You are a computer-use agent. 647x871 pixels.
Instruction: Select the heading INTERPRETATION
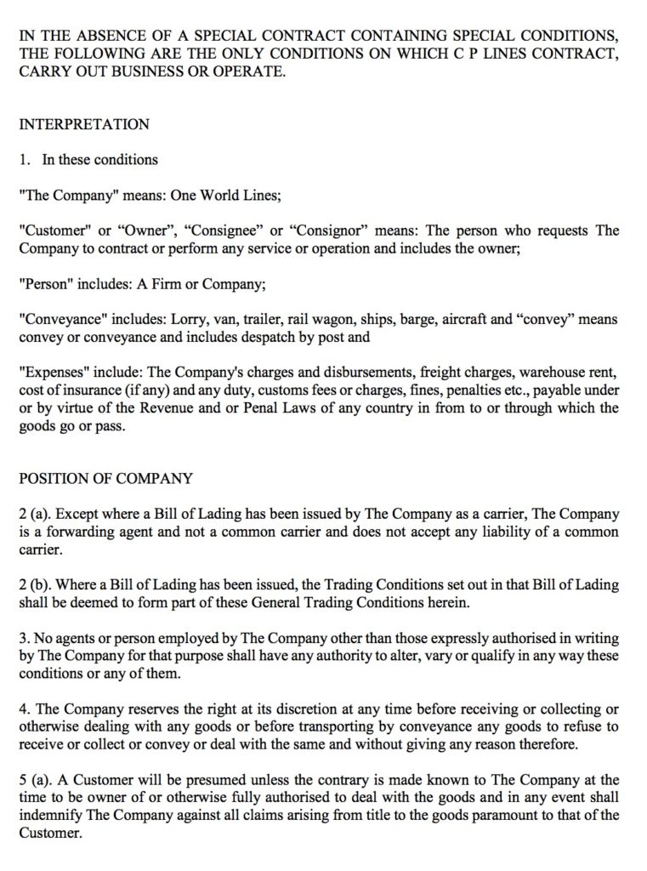(84, 124)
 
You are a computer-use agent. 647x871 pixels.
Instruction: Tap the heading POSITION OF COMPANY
(105, 478)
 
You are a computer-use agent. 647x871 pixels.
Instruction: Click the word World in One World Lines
(221, 195)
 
